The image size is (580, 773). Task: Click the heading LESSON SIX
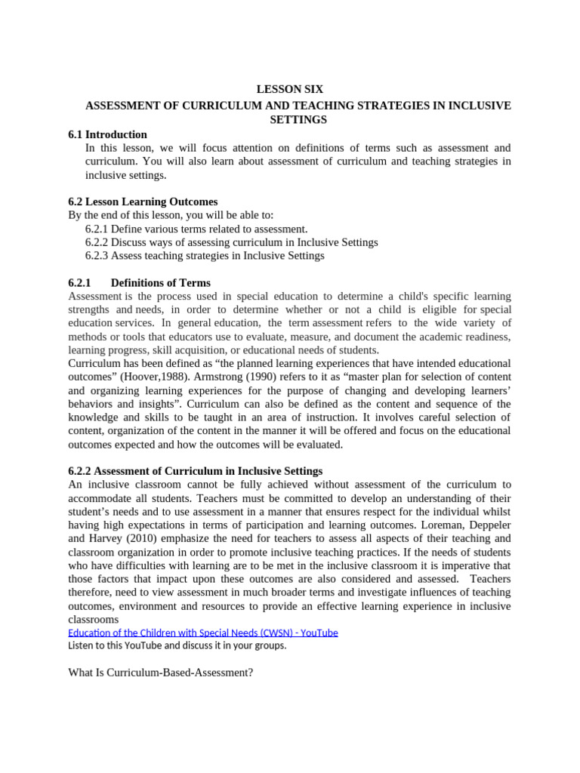coord(290,89)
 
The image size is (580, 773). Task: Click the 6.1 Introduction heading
coord(107,134)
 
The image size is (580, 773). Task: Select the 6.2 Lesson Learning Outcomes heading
coord(143,202)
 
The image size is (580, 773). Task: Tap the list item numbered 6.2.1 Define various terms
coord(196,229)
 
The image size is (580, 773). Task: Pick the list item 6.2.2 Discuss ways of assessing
coord(231,242)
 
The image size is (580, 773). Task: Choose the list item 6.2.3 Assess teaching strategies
coord(205,256)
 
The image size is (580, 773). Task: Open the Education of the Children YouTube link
coord(202,633)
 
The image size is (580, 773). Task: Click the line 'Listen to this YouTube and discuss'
coord(177,646)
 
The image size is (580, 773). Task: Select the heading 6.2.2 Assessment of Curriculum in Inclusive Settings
coord(195,471)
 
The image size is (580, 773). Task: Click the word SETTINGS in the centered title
coord(298,120)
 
